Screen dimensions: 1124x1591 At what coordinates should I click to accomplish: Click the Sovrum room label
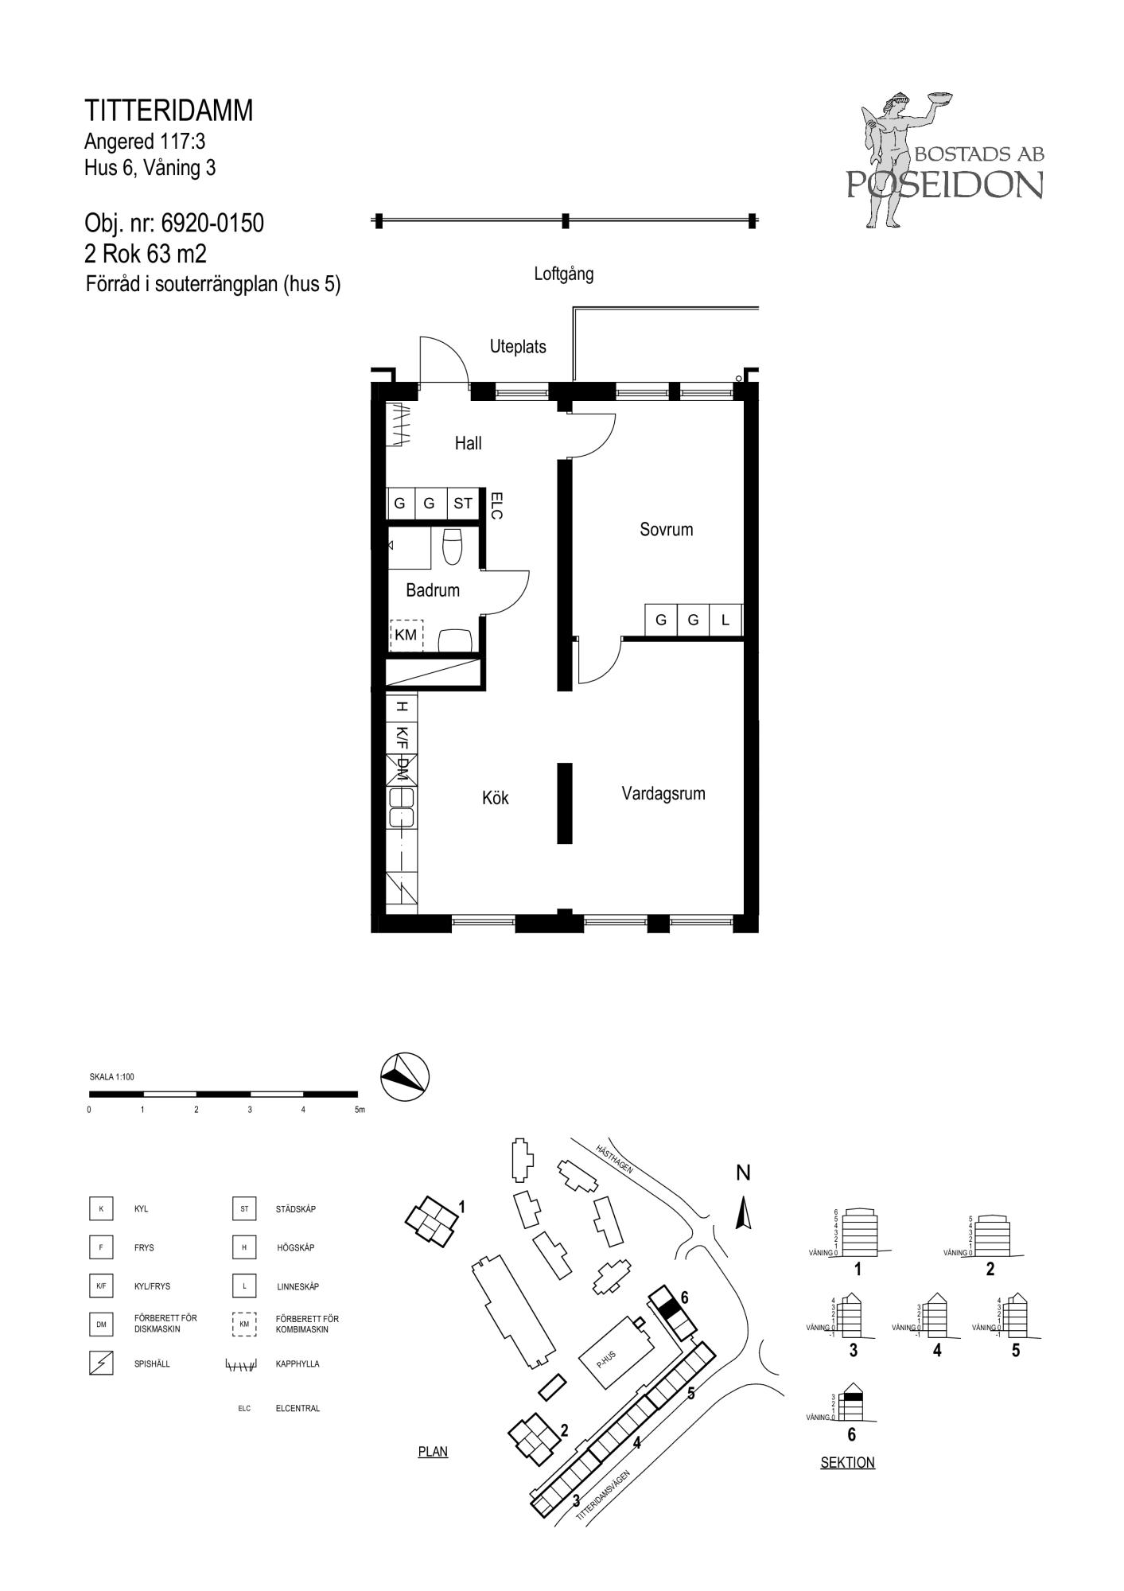[x=666, y=529]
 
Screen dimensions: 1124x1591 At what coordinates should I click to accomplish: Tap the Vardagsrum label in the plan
[x=663, y=793]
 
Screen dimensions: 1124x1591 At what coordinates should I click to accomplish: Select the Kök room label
[x=495, y=798]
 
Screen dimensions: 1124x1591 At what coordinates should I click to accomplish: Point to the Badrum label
[x=433, y=590]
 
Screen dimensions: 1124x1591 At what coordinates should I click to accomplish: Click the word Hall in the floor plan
[x=468, y=443]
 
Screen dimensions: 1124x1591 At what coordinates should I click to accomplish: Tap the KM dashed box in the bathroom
[x=406, y=636]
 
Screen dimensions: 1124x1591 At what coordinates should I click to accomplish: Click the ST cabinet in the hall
[x=463, y=504]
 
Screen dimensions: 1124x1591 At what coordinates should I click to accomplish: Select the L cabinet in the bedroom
[x=725, y=620]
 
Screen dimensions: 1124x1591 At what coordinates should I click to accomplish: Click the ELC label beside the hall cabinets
[x=496, y=506]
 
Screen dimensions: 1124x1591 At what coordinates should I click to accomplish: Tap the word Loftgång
[x=563, y=274]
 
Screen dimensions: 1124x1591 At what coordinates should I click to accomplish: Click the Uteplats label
[x=518, y=347]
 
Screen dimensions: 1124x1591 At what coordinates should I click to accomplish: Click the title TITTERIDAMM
[x=169, y=111]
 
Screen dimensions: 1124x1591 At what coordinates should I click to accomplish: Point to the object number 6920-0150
[x=207, y=224]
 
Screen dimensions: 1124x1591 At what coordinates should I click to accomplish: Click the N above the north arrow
[x=743, y=1173]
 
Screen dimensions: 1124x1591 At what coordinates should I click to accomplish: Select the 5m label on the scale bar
[x=360, y=1110]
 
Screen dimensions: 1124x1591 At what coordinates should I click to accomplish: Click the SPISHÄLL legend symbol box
[x=101, y=1363]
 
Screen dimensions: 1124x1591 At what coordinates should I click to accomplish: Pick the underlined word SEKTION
[x=847, y=1462]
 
